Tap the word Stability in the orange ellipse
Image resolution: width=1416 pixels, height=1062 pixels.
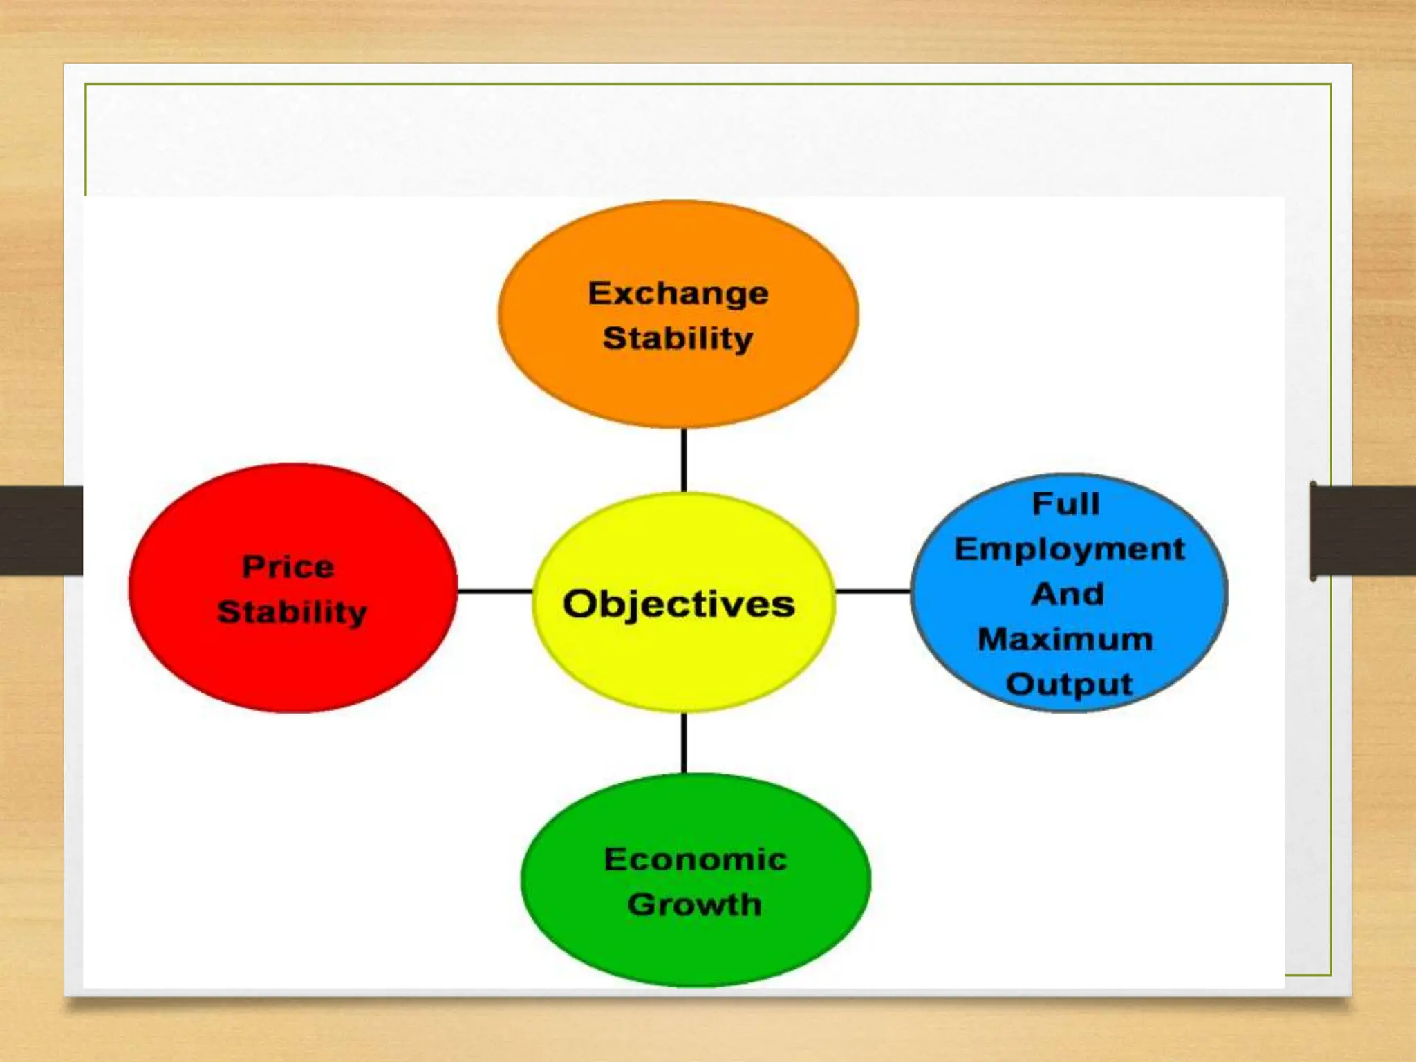(x=678, y=339)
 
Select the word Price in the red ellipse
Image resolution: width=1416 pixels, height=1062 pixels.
(x=288, y=567)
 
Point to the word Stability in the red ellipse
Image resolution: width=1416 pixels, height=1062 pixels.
(x=292, y=613)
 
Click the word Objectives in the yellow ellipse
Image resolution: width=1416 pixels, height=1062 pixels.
(x=679, y=604)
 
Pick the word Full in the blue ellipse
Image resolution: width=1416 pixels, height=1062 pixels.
(x=1065, y=503)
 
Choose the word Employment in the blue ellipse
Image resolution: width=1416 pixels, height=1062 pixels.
(x=1070, y=550)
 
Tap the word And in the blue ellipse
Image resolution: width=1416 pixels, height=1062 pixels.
(x=1068, y=594)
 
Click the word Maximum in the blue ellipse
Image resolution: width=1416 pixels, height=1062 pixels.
(x=1065, y=639)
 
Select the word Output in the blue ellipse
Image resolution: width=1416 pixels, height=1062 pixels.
(x=1069, y=684)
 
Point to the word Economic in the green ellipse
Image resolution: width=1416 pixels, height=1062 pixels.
(x=696, y=859)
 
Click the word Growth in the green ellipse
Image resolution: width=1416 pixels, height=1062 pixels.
(x=695, y=904)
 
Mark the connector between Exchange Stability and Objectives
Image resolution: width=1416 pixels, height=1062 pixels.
(x=684, y=460)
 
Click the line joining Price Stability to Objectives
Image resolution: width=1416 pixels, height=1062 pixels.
(x=495, y=591)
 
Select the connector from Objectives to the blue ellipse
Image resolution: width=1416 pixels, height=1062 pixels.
(x=873, y=591)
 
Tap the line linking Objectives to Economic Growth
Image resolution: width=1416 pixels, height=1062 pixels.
(x=684, y=743)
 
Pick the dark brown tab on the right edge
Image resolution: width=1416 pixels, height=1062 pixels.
(x=1363, y=530)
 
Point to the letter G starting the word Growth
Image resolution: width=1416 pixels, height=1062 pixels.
(x=642, y=904)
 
